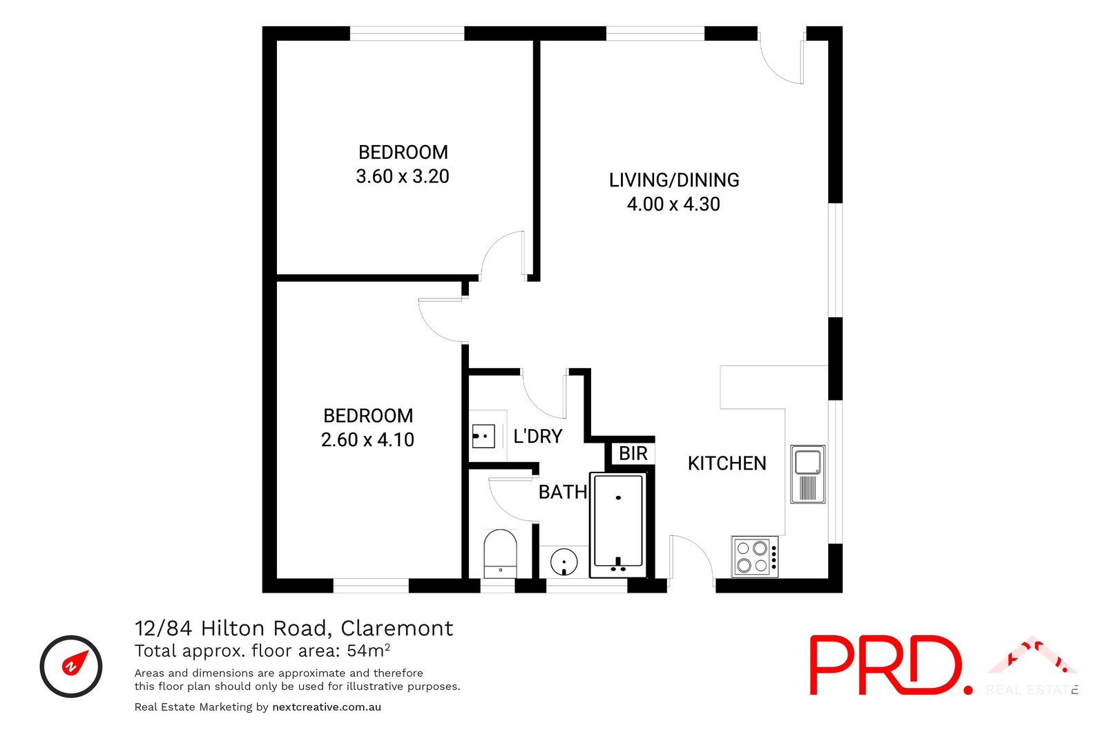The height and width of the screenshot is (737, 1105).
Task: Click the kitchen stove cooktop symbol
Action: [755, 557]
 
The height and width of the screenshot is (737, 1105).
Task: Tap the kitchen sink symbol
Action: [807, 475]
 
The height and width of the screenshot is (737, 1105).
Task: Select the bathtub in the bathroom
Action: [617, 525]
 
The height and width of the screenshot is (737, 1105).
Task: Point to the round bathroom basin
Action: [564, 562]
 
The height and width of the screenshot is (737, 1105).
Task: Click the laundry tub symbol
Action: [483, 436]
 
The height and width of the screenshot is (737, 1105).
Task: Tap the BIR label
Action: [633, 454]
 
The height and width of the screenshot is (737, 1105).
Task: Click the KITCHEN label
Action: [727, 463]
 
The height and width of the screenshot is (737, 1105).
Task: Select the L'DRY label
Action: [537, 437]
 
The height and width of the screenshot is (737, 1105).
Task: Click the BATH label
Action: [562, 492]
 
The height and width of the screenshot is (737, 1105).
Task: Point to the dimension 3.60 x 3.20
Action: [403, 177]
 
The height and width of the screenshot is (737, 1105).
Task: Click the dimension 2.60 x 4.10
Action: [367, 440]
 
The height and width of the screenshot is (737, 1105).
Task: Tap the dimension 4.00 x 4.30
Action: [673, 204]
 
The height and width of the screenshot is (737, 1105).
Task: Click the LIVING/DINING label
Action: [674, 180]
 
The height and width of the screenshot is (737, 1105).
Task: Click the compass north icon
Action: [71, 667]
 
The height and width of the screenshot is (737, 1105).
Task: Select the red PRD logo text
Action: [887, 665]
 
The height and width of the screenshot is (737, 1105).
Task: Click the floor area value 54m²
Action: [369, 651]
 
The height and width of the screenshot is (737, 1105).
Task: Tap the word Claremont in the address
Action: [397, 629]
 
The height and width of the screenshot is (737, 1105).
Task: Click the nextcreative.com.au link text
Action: [327, 707]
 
